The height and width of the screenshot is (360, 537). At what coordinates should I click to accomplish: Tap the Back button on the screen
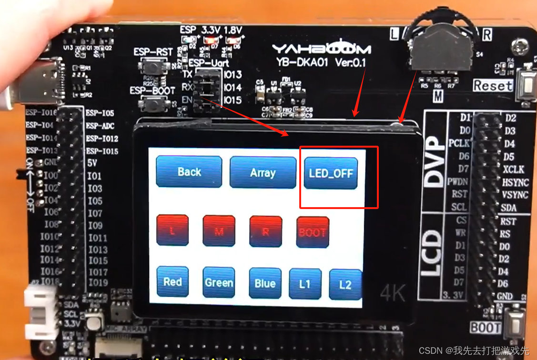pos(189,172)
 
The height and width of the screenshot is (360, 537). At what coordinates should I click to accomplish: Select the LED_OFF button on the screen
pos(331,173)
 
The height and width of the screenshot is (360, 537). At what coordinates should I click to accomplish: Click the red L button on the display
pos(172,231)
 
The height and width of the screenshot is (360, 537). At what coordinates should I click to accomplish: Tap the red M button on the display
pos(219,231)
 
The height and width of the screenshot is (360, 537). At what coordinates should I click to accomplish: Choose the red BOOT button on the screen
pos(313,232)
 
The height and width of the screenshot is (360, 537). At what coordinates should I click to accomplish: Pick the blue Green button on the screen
pos(219,283)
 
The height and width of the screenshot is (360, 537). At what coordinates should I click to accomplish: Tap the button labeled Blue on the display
pos(265,284)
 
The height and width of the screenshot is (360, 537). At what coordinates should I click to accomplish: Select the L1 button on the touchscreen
pos(305,284)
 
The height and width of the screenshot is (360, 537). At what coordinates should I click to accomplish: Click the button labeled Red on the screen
pos(172,282)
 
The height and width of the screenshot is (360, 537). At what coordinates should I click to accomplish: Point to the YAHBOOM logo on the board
pos(321,49)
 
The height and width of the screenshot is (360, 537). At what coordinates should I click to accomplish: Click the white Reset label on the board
pos(493,86)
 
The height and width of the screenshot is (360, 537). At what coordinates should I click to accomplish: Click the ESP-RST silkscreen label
pos(152,52)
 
